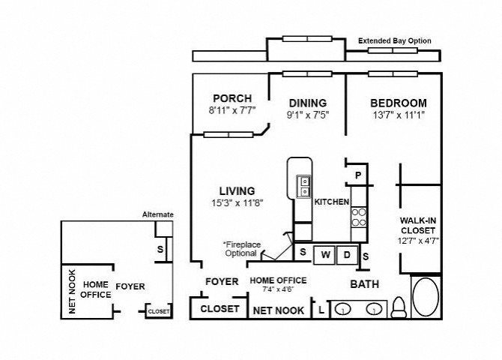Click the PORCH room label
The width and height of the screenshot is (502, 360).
click(x=232, y=98)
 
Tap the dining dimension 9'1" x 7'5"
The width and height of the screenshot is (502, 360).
click(x=308, y=115)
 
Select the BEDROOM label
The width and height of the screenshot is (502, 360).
click(x=399, y=103)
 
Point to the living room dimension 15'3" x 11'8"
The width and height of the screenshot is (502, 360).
click(x=238, y=203)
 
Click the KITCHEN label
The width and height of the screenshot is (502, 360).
click(x=332, y=202)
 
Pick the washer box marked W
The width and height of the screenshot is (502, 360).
click(x=324, y=255)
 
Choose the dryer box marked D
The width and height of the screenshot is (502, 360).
click(x=348, y=255)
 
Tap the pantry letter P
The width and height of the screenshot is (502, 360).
click(x=359, y=175)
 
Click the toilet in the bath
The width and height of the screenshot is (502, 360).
click(x=399, y=307)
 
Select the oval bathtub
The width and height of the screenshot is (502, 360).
click(x=426, y=297)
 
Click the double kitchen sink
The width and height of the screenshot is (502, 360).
click(x=303, y=186)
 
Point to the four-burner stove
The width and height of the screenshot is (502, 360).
click(x=359, y=217)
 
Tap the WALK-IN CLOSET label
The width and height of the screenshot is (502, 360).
click(x=418, y=225)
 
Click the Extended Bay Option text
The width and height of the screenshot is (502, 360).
click(x=394, y=40)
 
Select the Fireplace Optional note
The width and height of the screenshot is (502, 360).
click(x=242, y=249)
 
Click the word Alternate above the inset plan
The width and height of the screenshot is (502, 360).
click(x=158, y=214)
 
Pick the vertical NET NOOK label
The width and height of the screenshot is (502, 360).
click(x=72, y=292)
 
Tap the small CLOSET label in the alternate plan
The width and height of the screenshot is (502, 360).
click(x=159, y=311)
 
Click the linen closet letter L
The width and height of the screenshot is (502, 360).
click(x=321, y=310)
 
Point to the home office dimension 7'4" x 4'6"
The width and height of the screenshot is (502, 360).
click(x=278, y=289)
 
